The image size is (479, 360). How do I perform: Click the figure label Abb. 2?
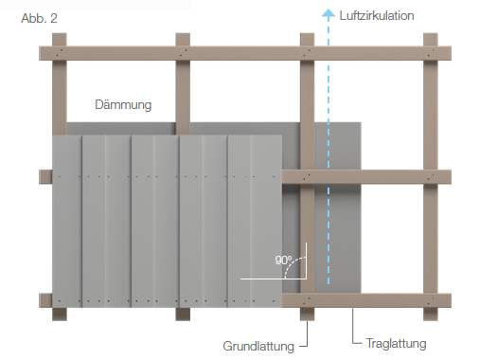[39, 18]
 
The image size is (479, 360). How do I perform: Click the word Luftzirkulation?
[377, 16]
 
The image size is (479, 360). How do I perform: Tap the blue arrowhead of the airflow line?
[328, 13]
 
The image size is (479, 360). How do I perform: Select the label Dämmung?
[123, 104]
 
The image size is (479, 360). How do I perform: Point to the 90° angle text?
[283, 261]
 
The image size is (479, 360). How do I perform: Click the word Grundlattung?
[258, 346]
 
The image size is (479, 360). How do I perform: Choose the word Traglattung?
[396, 343]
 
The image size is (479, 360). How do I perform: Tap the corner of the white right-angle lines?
[306, 279]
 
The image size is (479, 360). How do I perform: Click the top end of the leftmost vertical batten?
[60, 34]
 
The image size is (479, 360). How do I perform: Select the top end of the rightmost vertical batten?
[431, 34]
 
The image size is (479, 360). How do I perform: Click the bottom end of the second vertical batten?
[183, 320]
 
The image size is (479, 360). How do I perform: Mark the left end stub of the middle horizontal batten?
[45, 177]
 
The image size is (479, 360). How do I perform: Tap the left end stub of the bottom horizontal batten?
[45, 300]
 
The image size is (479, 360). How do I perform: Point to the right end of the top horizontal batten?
[451, 53]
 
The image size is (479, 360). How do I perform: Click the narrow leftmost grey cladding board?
[67, 222]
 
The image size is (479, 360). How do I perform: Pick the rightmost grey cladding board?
[255, 222]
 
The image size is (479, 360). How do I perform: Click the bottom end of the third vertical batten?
[307, 320]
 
